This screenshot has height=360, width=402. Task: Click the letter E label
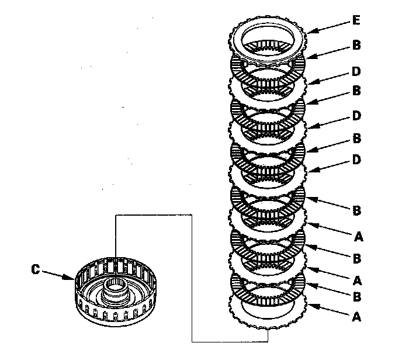tap(356, 20)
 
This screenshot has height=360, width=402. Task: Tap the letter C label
tap(36, 269)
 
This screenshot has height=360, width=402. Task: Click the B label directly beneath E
tap(356, 45)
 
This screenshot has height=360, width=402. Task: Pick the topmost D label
tap(356, 71)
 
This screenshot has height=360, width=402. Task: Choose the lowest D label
tap(356, 160)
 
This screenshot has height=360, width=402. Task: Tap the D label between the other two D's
tap(356, 116)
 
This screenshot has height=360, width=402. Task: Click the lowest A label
tap(356, 317)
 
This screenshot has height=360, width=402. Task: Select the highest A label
tap(358, 237)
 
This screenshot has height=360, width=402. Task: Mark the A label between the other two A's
tap(357, 281)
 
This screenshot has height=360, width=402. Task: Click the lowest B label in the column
tap(357, 297)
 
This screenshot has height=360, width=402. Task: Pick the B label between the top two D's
tap(356, 91)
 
